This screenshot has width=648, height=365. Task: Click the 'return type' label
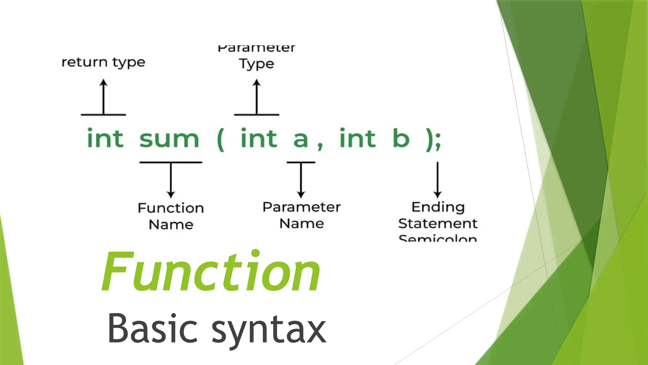pos(103,62)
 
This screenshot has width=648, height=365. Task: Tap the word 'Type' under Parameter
pos(256,64)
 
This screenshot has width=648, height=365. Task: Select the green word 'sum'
pos(169,139)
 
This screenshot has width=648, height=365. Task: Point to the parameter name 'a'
pos(300,139)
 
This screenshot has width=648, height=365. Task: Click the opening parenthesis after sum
pos(221,139)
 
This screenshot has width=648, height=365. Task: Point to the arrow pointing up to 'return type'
pos(103,97)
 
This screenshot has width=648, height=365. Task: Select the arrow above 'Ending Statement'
pos(438,180)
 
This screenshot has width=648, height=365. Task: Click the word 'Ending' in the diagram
pos(438,207)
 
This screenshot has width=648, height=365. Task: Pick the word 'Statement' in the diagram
pos(438,224)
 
